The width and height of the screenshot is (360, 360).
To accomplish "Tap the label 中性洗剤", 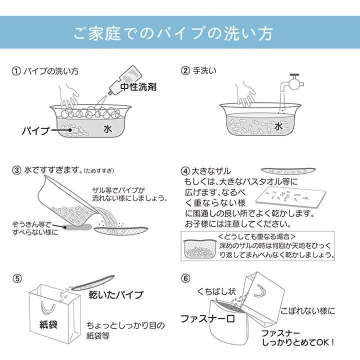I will pyautogui.click(x=138, y=86).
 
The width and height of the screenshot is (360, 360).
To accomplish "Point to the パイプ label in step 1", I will pyautogui.click(x=35, y=131).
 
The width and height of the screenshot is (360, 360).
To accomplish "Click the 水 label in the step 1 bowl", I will pyautogui.click(x=107, y=128).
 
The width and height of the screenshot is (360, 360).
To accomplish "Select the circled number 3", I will pyautogui.click(x=16, y=170).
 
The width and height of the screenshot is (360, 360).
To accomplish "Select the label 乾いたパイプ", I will pyautogui.click(x=115, y=294).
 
